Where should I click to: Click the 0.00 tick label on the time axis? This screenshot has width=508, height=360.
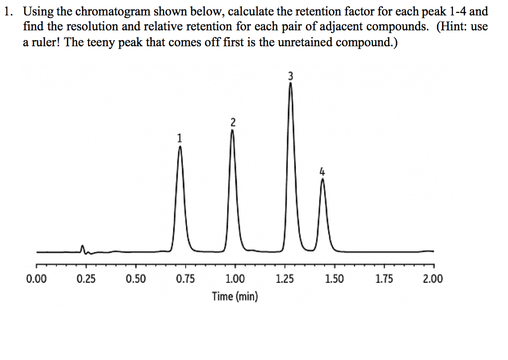[x=36, y=279]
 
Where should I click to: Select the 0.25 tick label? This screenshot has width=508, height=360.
[x=86, y=279]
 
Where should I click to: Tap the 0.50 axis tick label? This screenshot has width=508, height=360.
[x=136, y=279]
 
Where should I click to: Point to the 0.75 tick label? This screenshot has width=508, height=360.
[x=185, y=279]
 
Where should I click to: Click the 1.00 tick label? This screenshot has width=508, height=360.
[x=235, y=279]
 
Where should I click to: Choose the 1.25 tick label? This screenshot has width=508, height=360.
[x=284, y=279]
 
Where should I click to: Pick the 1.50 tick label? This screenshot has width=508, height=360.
[x=334, y=279]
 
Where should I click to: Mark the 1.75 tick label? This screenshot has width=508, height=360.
[x=383, y=279]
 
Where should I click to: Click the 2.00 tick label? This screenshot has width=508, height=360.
[x=433, y=279]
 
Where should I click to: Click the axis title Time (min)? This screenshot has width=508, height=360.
[x=235, y=297]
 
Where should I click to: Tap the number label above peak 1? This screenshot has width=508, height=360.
[x=179, y=138]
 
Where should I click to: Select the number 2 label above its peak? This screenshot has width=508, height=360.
[x=233, y=122]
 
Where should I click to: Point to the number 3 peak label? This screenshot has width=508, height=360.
[x=291, y=76]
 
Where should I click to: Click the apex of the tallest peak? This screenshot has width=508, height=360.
[x=291, y=84]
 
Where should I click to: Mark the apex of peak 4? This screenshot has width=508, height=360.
[x=323, y=180]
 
